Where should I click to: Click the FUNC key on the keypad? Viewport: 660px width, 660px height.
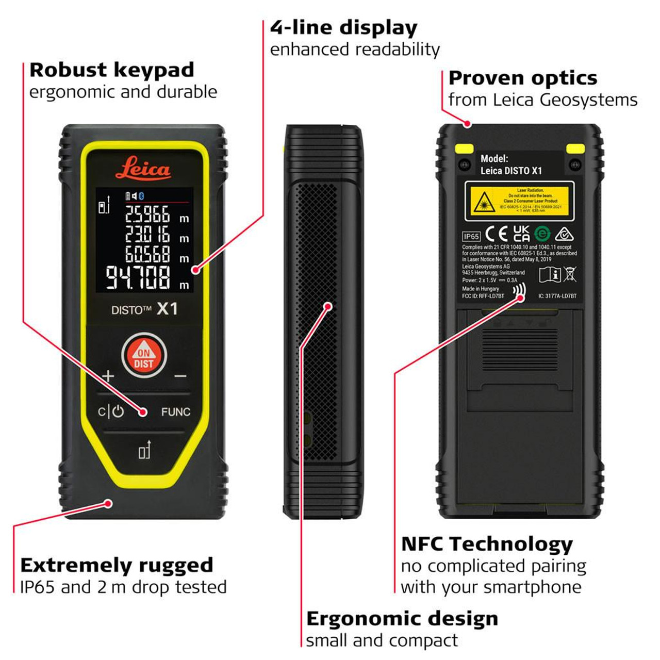(x=175, y=412)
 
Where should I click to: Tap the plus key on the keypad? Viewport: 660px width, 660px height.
(x=108, y=375)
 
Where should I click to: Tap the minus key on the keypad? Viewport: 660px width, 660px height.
(x=180, y=376)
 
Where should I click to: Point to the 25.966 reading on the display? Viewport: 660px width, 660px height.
(x=147, y=214)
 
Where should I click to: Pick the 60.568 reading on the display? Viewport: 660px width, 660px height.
(x=147, y=254)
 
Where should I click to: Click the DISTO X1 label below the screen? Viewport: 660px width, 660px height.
(x=144, y=309)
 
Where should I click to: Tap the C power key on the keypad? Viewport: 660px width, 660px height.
(x=111, y=412)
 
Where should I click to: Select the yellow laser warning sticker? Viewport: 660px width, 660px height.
(x=519, y=201)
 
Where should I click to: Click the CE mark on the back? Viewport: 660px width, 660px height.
(x=497, y=235)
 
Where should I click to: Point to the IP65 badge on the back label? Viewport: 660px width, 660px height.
(x=471, y=236)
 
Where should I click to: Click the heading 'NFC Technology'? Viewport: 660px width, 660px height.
(x=487, y=544)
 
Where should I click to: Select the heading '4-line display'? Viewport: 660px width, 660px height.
(x=343, y=28)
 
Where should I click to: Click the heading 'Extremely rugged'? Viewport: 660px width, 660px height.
(x=117, y=565)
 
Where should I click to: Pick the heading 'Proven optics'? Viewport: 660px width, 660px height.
(x=522, y=78)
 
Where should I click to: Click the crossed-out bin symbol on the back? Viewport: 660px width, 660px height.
(x=570, y=274)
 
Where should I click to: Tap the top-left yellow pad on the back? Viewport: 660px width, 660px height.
(x=464, y=149)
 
